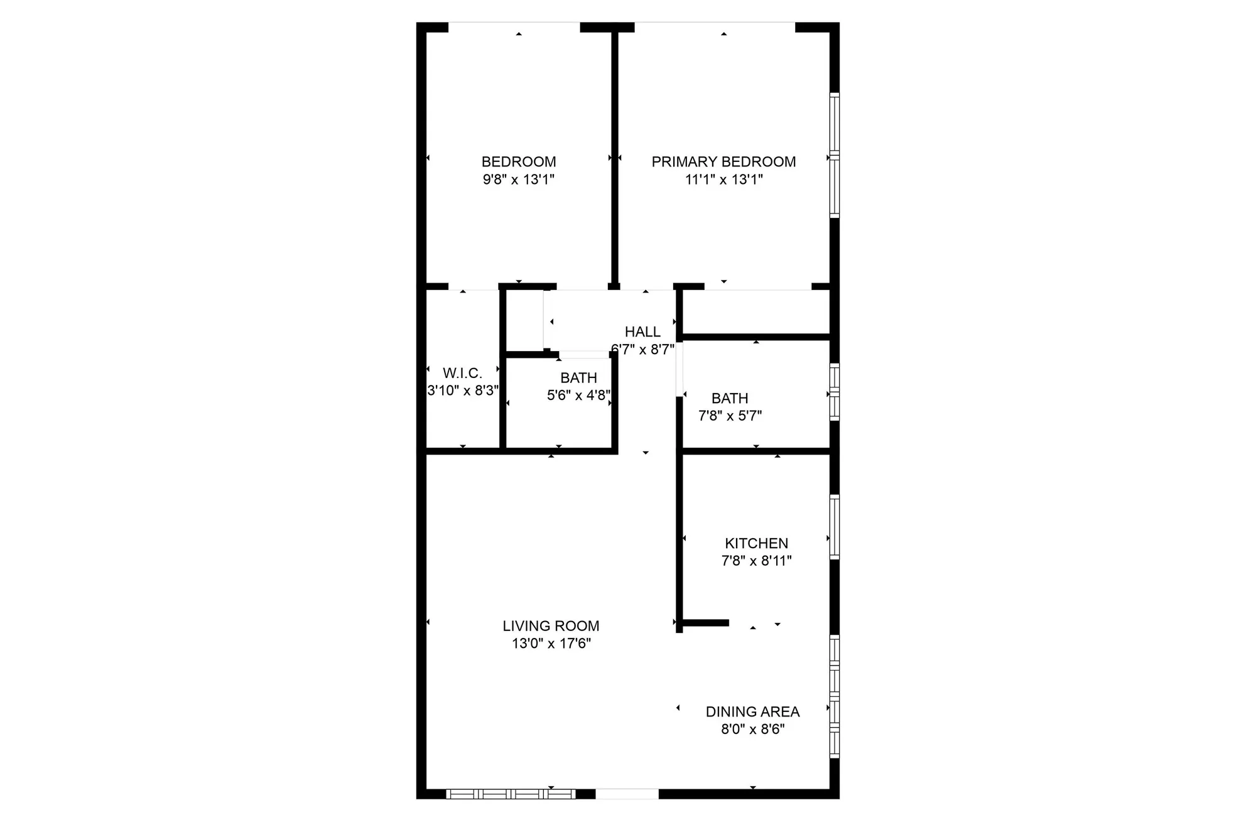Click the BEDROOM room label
(519, 162)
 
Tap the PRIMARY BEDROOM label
(723, 162)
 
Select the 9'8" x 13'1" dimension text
(519, 180)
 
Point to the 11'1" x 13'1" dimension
(723, 180)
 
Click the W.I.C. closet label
(462, 374)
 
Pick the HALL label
(642, 332)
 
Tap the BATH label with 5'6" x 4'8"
(578, 378)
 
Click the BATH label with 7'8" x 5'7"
(730, 398)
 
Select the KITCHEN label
(756, 543)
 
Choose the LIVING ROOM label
(551, 626)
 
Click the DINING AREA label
(752, 712)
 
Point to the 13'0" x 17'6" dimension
(551, 644)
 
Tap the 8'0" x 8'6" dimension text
(752, 730)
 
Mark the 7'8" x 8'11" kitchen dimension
(756, 561)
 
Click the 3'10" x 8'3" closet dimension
(463, 391)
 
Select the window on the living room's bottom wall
(511, 794)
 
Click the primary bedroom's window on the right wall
(835, 154)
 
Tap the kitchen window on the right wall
(835, 527)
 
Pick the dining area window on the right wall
(835, 696)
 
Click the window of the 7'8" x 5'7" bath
(835, 392)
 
